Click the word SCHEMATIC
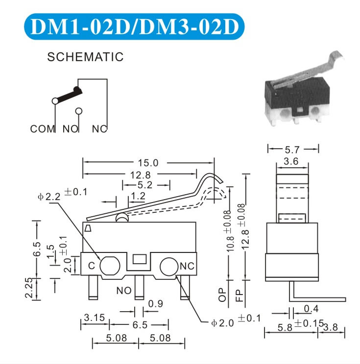85,57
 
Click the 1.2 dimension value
139,196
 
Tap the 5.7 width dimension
293,148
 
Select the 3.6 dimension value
292,160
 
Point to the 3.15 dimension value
94,318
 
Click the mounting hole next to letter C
109,266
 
